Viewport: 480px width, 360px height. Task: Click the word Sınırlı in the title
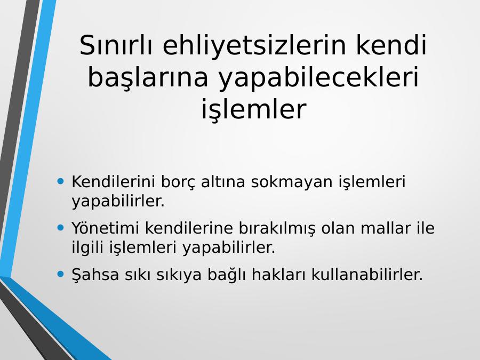click(116, 45)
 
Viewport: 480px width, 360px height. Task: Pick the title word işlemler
click(253, 109)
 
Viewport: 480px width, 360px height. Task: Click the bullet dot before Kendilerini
click(61, 181)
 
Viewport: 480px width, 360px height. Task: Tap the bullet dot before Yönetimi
click(61, 227)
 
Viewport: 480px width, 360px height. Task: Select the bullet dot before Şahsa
click(61, 274)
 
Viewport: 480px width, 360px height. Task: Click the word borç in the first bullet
click(178, 182)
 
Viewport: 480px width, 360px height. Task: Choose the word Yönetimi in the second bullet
click(105, 228)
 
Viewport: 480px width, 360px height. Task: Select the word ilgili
click(88, 247)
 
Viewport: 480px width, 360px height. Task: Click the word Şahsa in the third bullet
click(95, 275)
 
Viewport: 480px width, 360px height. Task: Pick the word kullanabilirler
click(367, 274)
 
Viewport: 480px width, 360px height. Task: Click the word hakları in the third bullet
click(278, 274)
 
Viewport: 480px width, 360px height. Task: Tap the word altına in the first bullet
click(223, 181)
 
